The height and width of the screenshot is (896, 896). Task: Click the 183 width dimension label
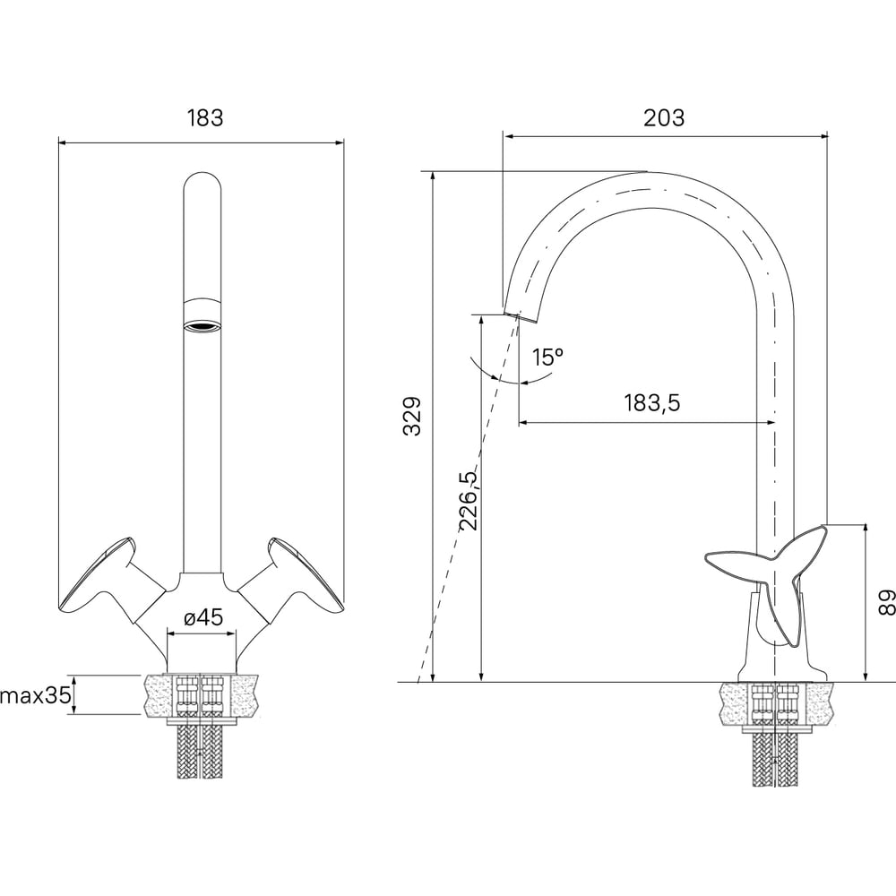(205, 117)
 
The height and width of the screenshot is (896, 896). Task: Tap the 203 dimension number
(664, 117)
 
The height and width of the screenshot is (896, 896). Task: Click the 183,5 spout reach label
(652, 403)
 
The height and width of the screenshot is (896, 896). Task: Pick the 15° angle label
(548, 358)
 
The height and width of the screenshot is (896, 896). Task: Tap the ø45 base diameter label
(203, 617)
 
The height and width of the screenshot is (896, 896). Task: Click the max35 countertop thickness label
(36, 695)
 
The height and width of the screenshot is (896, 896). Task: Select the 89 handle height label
(886, 602)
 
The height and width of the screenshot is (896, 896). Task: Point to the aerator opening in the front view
(202, 327)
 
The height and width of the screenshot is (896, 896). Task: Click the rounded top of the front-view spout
(202, 183)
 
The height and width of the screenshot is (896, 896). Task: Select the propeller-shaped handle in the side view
(767, 577)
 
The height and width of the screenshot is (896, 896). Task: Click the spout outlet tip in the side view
(520, 316)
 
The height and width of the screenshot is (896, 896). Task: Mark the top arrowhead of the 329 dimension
(434, 177)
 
